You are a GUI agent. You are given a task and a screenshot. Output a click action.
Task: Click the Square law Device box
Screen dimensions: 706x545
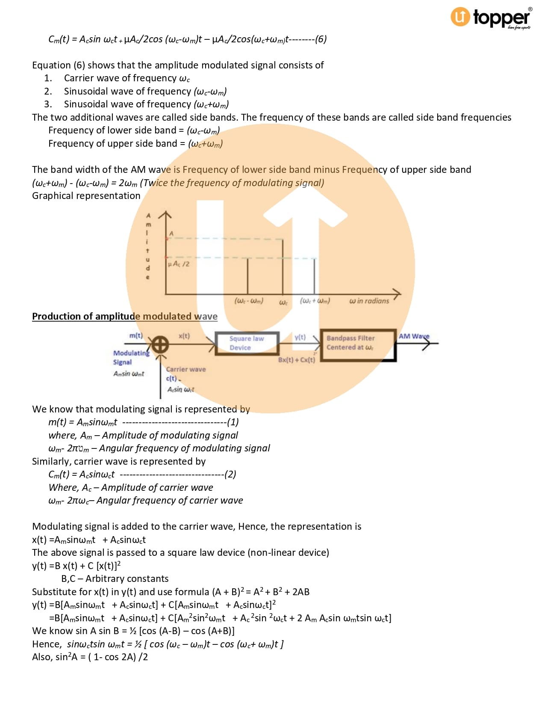tap(247, 343)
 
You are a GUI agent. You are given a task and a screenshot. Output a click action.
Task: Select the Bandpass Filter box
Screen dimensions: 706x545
tap(358, 345)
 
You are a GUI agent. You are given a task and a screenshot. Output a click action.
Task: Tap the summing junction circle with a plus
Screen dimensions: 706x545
tap(160, 344)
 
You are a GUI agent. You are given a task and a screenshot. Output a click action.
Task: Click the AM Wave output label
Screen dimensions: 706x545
tap(414, 336)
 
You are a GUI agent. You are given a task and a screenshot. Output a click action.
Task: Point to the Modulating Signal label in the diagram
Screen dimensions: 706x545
tap(131, 357)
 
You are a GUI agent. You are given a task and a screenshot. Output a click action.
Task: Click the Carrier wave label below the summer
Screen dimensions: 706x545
tap(186, 369)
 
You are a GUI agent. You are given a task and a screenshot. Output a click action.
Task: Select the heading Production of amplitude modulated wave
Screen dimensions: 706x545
tap(125, 316)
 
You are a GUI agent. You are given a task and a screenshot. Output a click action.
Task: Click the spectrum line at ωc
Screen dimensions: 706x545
tap(283, 267)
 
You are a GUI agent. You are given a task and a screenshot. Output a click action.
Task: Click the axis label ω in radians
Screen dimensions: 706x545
tap(369, 301)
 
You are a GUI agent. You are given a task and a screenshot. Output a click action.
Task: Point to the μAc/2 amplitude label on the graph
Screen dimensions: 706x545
tap(179, 264)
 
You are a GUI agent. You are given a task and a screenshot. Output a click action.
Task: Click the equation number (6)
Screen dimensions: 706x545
tap(321, 39)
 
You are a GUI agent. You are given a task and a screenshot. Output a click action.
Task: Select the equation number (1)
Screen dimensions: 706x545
tap(233, 422)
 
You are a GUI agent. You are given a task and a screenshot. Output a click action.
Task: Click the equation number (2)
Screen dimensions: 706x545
tap(230, 475)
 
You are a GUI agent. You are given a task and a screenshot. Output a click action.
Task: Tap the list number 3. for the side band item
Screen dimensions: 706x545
tap(48, 104)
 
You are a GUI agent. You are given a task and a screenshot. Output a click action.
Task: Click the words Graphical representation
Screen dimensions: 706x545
tap(86, 196)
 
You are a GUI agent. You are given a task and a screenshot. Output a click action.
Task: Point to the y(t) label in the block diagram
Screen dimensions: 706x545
tap(300, 337)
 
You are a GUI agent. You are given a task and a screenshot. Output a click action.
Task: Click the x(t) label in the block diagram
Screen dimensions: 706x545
tap(184, 336)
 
